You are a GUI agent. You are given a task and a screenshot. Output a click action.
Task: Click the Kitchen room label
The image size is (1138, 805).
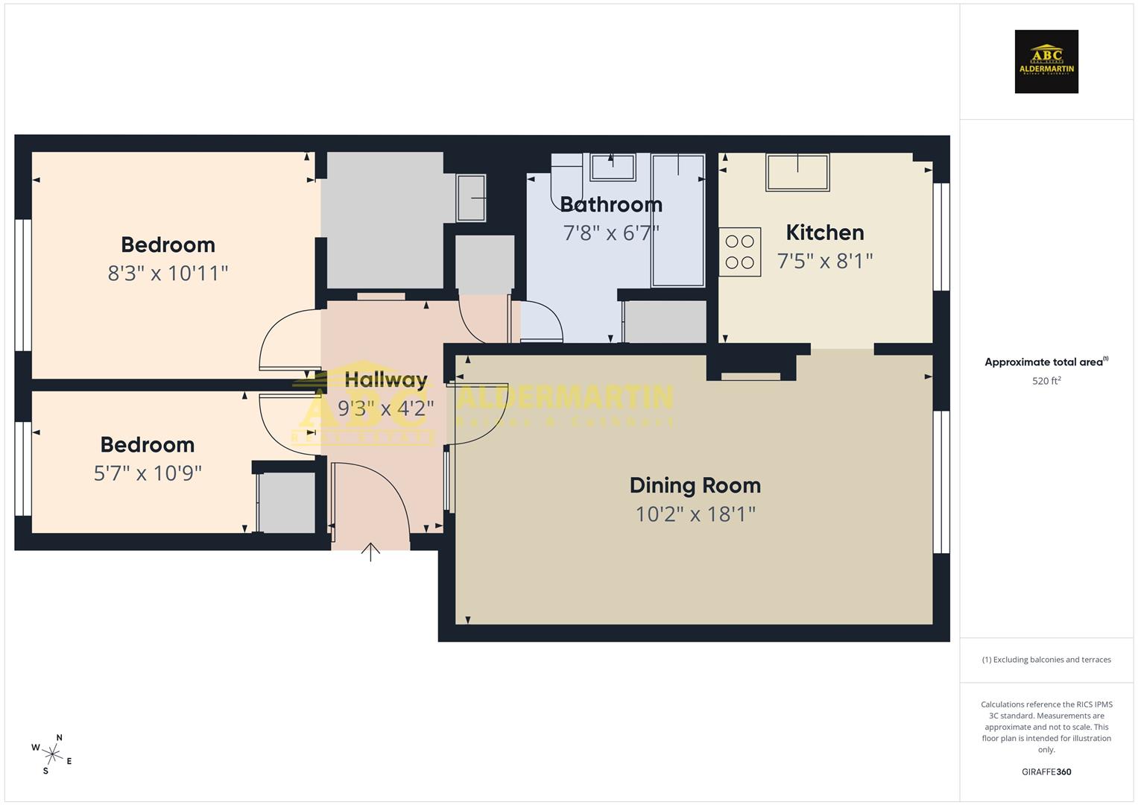(824, 233)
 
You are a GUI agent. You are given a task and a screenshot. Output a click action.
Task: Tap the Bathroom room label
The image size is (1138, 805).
(611, 204)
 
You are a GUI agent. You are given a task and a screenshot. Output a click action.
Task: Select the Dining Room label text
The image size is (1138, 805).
(695, 485)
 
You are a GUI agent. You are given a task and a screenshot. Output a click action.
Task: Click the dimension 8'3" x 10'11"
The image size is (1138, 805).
(168, 274)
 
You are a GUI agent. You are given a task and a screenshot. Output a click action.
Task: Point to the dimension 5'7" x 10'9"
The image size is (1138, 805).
(148, 473)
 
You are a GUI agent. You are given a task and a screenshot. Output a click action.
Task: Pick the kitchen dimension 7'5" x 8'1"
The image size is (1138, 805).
(824, 261)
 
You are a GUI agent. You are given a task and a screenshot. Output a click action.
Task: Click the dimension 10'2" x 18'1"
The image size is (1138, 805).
(695, 514)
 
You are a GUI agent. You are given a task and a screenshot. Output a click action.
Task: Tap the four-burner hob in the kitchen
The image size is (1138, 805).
(739, 252)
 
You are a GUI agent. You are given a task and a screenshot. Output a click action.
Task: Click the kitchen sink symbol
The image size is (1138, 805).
(797, 172)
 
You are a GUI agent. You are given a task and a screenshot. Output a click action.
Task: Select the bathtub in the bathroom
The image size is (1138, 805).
(677, 221)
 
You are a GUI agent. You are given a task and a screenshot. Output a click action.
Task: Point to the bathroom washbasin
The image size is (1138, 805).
(612, 167)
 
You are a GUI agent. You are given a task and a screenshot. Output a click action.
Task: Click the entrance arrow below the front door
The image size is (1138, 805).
(370, 552)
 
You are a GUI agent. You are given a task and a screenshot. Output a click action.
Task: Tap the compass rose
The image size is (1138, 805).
(52, 753)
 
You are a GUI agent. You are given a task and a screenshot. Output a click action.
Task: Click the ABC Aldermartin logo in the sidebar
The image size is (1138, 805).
(1046, 62)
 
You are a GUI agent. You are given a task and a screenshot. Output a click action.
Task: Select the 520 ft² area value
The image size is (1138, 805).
(1046, 381)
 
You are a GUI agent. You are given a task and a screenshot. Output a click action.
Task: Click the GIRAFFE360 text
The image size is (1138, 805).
(1046, 772)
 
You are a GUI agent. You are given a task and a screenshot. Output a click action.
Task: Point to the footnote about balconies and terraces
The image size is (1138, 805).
(1046, 660)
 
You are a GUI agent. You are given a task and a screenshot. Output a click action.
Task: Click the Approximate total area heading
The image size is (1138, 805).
(1046, 362)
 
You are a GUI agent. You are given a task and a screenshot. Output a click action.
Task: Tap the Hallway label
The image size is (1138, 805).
(386, 380)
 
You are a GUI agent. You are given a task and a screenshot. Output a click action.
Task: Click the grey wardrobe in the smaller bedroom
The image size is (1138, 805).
(286, 503)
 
